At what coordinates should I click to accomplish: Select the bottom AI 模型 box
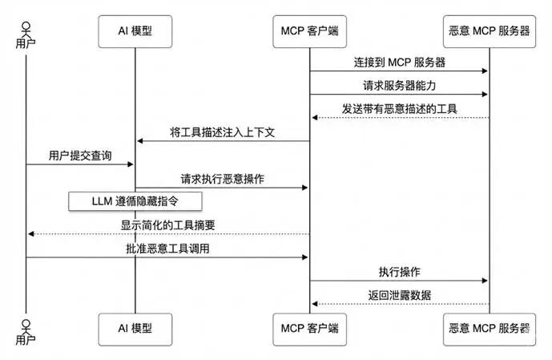tap(134, 328)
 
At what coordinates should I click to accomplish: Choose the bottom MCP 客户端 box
tap(310, 328)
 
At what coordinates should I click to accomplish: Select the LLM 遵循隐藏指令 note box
tap(134, 200)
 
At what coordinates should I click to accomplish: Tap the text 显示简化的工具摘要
tap(167, 224)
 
